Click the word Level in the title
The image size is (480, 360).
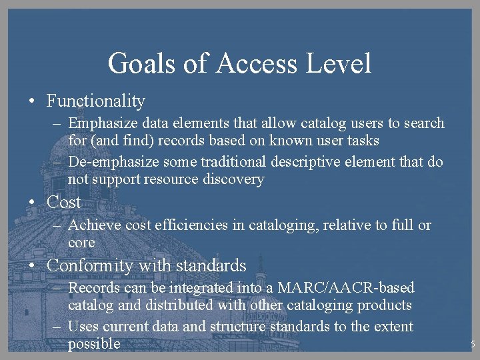(339, 64)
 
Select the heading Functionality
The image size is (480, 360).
(95, 101)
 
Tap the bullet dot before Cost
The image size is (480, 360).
(32, 203)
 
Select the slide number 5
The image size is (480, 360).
(472, 345)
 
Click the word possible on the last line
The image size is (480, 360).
(94, 344)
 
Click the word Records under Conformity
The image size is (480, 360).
(93, 288)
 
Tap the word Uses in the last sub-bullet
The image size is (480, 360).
(83, 327)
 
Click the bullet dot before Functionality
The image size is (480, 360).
(32, 102)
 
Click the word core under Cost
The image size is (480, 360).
(81, 243)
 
